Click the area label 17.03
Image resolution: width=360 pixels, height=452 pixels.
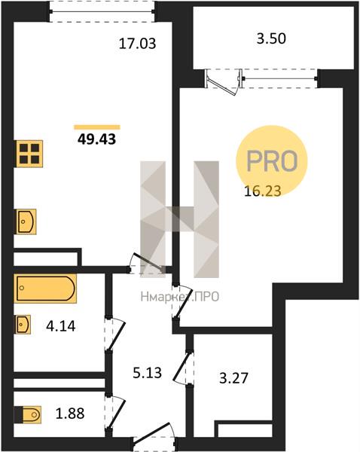pyautogui.click(x=138, y=44)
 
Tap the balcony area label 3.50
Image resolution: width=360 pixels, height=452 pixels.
pyautogui.click(x=271, y=38)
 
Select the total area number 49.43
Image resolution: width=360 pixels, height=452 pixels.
pyautogui.click(x=97, y=139)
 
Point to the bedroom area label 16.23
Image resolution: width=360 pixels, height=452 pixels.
pyautogui.click(x=263, y=191)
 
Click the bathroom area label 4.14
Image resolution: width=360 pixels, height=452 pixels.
pyautogui.click(x=61, y=326)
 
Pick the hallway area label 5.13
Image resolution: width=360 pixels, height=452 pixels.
pyautogui.click(x=148, y=373)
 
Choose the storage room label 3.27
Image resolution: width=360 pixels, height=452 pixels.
pyautogui.click(x=233, y=378)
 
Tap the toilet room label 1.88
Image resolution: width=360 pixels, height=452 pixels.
pyautogui.click(x=70, y=414)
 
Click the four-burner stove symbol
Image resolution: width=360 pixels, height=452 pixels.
pyautogui.click(x=29, y=154)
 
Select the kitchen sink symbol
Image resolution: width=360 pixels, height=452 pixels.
pyautogui.click(x=26, y=221)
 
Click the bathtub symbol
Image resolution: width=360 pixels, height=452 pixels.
pyautogui.click(x=45, y=289)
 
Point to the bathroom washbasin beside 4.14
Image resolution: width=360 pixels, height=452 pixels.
pyautogui.click(x=23, y=325)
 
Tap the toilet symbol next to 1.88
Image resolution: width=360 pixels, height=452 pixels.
pyautogui.click(x=28, y=414)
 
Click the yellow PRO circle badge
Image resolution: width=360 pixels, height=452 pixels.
pyautogui.click(x=272, y=161)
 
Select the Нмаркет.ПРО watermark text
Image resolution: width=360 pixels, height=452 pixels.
pyautogui.click(x=180, y=297)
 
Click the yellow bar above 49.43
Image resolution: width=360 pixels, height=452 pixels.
pyautogui.click(x=97, y=127)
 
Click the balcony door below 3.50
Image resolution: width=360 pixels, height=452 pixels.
pyautogui.click(x=223, y=82)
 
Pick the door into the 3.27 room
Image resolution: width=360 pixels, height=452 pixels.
pyautogui.click(x=185, y=367)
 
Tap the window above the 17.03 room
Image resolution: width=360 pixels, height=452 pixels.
pyautogui.click(x=102, y=12)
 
